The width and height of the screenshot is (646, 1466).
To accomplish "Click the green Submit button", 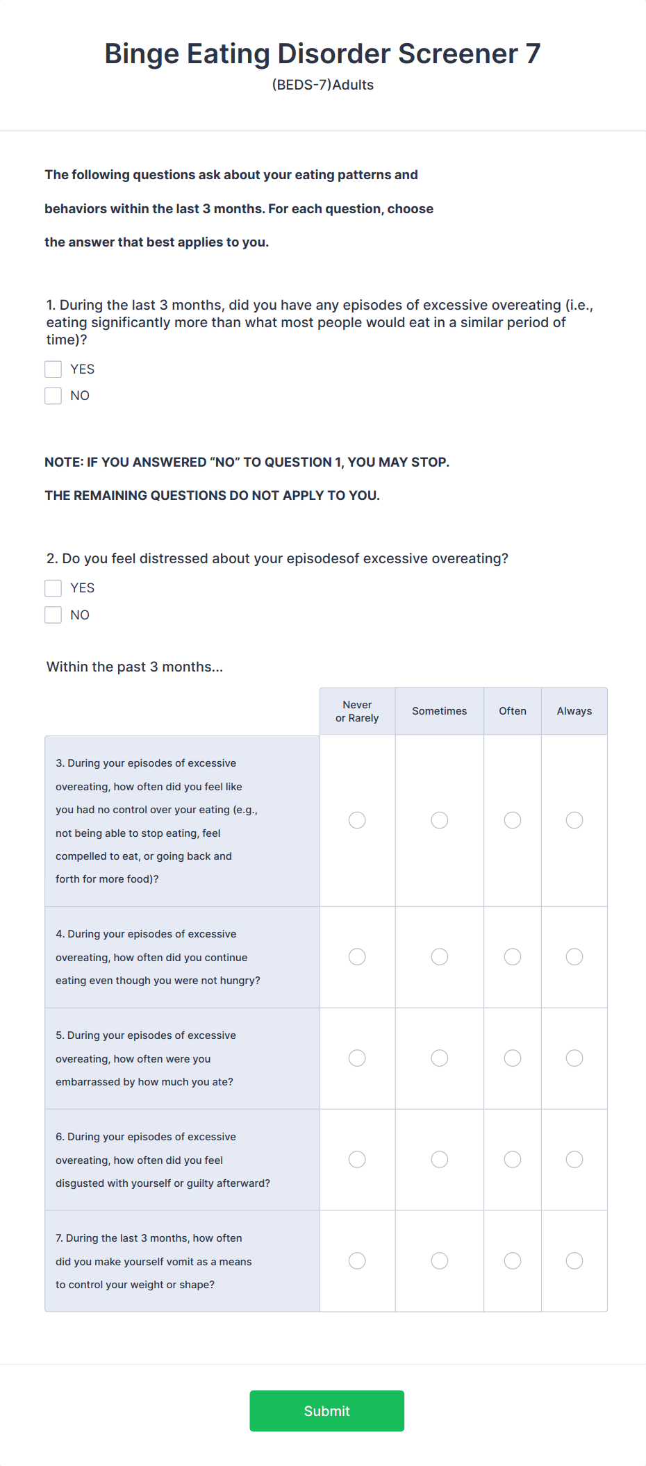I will [326, 1410].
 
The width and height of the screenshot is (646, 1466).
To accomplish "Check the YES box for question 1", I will [53, 369].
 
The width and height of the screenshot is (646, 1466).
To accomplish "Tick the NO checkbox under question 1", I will [53, 396].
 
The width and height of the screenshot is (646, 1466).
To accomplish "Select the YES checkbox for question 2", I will [53, 588].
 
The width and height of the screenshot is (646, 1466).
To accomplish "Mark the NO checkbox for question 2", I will [53, 615].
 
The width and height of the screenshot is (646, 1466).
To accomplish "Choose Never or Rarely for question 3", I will [357, 820].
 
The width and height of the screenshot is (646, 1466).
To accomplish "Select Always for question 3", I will [574, 820].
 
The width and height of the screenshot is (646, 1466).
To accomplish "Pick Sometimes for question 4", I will [440, 957].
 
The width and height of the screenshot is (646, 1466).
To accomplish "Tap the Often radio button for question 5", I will [513, 1058].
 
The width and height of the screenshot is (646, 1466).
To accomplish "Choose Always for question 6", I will [574, 1159].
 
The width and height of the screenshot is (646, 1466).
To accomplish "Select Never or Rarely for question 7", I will [357, 1260].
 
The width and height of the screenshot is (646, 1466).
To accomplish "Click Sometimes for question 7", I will [440, 1260].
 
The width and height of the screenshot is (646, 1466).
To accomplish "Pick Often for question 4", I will [513, 957].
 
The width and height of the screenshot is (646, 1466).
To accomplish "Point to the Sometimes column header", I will [440, 711].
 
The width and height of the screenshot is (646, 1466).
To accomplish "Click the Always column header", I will [574, 711].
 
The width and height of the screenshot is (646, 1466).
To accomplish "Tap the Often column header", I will [513, 711].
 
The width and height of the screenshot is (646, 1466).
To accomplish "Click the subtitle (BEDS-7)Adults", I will [323, 85].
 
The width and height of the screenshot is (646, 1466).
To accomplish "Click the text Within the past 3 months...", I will [135, 667].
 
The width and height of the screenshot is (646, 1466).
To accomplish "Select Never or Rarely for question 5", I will [357, 1058].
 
